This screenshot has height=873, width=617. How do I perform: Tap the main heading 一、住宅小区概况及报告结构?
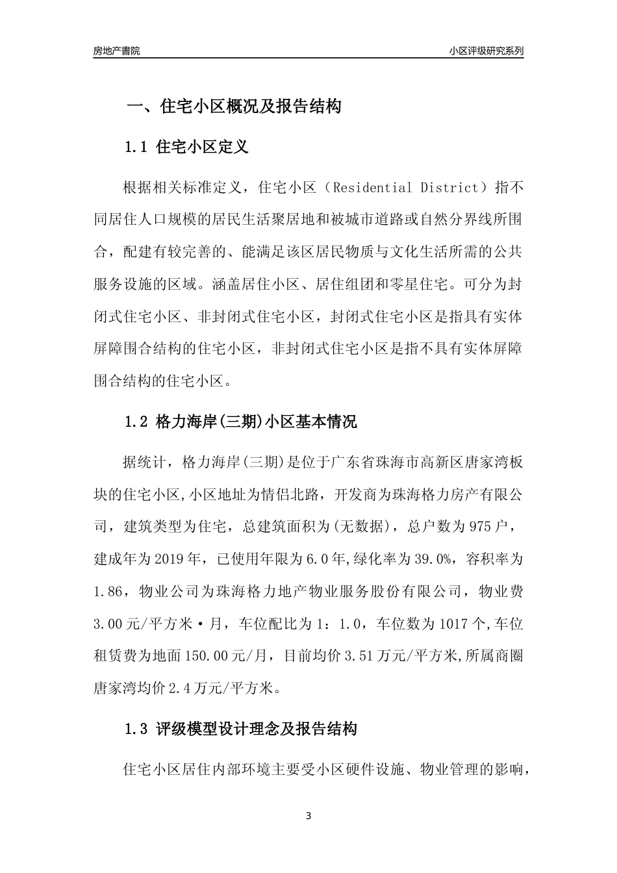coord(234,107)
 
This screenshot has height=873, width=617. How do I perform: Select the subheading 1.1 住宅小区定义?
coord(186,147)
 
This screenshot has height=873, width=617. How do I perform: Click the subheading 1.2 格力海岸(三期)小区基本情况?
coord(240,422)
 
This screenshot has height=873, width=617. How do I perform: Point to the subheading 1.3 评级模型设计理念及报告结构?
coord(240,729)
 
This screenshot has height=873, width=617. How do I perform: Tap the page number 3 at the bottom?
coord(308,816)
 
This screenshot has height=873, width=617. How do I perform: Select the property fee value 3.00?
coord(108,624)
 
